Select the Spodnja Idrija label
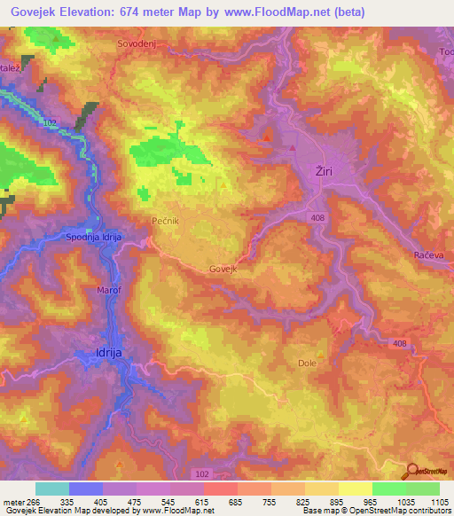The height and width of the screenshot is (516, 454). point(98,238)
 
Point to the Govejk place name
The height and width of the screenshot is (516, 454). point(223,269)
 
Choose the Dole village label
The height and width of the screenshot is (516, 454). point(307,363)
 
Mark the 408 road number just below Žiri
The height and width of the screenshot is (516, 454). point(317,217)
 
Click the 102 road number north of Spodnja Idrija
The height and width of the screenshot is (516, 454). point(50,122)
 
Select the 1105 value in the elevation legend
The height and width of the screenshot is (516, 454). point(440,502)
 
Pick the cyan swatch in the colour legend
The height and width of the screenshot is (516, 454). point(52,489)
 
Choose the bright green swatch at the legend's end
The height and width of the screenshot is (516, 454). point(423,489)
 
